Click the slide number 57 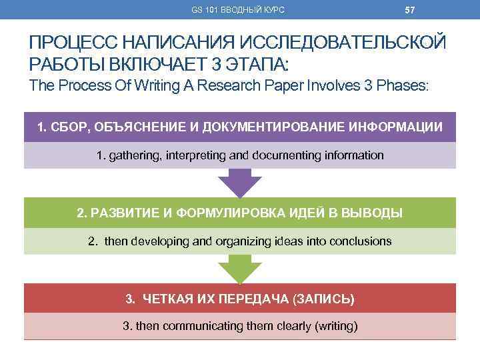[409, 9]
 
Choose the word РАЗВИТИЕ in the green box [123, 213]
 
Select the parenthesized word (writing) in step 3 [335, 327]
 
